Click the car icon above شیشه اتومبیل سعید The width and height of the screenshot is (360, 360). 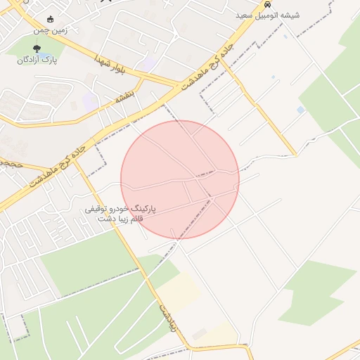tap(267, 4)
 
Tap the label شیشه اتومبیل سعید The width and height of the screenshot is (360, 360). tap(269, 15)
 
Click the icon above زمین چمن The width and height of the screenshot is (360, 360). tap(49, 20)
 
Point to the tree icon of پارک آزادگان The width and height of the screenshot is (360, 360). tap(37, 49)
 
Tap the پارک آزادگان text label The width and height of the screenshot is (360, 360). tap(37, 60)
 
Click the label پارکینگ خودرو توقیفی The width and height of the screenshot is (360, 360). tap(120, 209)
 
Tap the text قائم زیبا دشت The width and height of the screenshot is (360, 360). tap(120, 219)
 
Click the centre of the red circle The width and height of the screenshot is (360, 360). tap(180, 179)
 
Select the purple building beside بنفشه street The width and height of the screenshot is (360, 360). tap(90, 101)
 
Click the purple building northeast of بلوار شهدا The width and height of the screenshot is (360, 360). tap(148, 65)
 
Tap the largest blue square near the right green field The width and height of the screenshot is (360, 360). tap(301, 110)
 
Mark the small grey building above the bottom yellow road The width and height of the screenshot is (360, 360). tap(200, 333)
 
